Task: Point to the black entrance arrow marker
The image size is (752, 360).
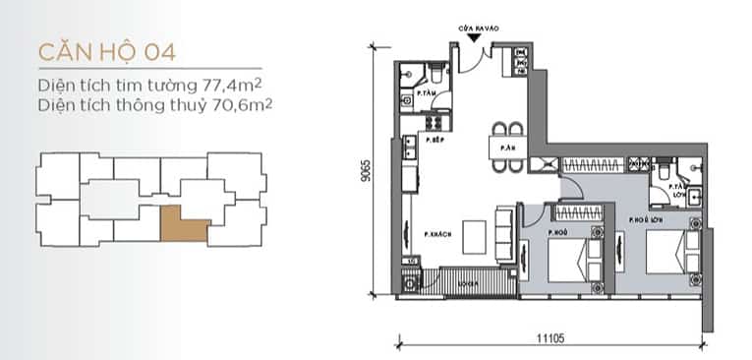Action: [x=474, y=38]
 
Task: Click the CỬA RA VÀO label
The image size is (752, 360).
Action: [x=474, y=29]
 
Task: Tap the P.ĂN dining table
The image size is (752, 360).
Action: [x=508, y=148]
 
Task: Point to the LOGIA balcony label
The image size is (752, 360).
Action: [x=467, y=282]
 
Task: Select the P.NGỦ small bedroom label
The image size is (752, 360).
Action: [x=555, y=233]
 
